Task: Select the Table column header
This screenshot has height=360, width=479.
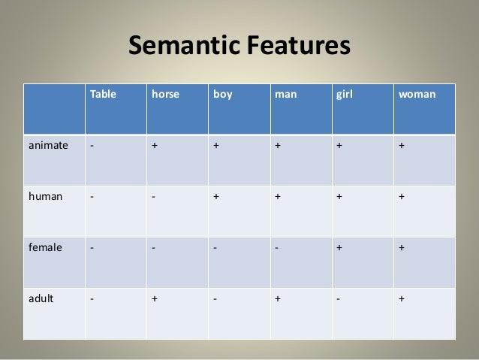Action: [104, 95]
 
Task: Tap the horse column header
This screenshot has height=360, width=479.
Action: [165, 95]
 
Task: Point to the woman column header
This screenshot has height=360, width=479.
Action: [417, 95]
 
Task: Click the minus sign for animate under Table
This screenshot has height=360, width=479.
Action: [92, 147]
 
